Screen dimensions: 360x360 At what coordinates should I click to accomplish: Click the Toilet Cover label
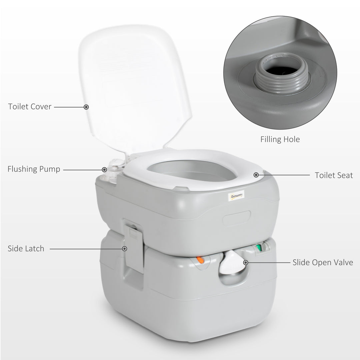[30, 107]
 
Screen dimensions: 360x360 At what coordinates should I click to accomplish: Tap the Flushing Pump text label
[34, 169]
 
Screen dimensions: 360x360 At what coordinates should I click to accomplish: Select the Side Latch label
[26, 248]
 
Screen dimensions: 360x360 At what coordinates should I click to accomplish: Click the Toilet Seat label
[334, 175]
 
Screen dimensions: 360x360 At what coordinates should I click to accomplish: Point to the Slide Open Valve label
[323, 262]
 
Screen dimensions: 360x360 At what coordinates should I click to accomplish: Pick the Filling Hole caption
[280, 139]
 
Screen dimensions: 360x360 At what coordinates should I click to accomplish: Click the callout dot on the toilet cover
[86, 107]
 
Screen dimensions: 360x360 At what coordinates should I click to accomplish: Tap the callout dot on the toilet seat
[256, 175]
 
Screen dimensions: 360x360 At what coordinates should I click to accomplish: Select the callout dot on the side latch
[125, 249]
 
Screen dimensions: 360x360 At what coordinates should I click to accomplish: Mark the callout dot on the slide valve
[246, 263]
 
